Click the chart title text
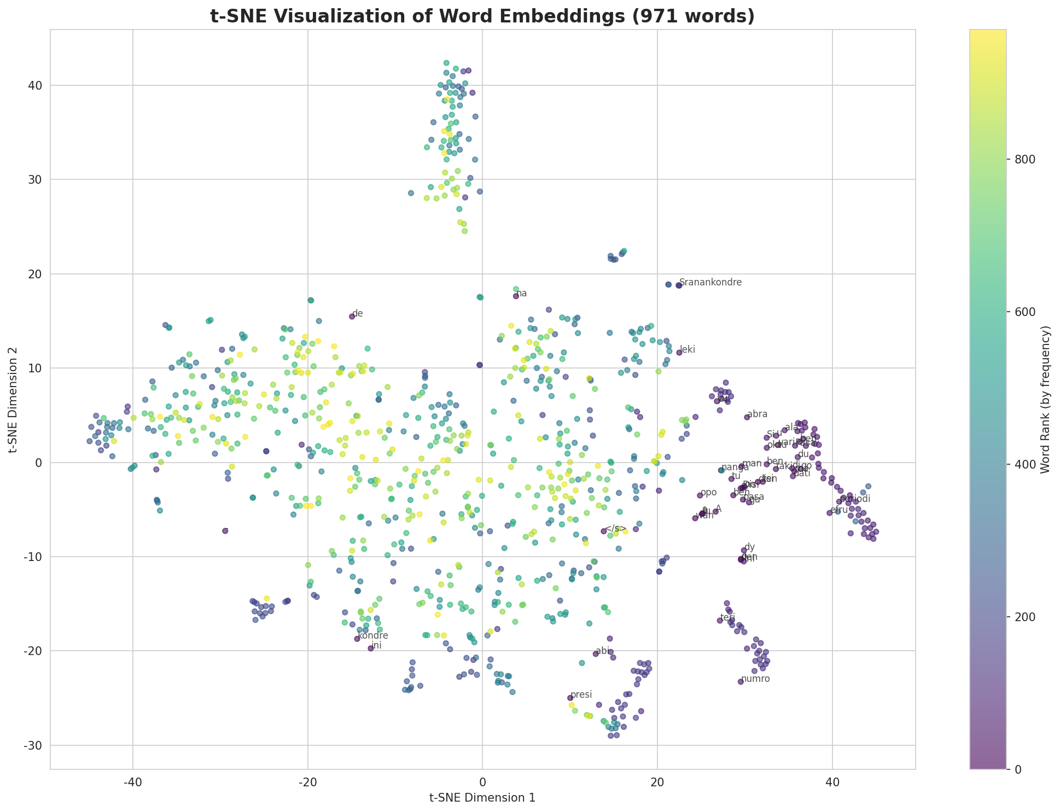coord(482,16)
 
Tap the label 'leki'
coord(688,350)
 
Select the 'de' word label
coord(358,314)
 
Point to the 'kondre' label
coord(373,636)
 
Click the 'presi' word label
coord(581,695)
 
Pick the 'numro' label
coord(755,679)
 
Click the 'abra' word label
coord(757,414)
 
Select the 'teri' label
coord(727,618)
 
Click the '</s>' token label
coord(616,529)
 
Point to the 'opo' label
coord(708,493)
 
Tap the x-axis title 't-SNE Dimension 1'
coord(482,798)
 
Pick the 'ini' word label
coord(376,646)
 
